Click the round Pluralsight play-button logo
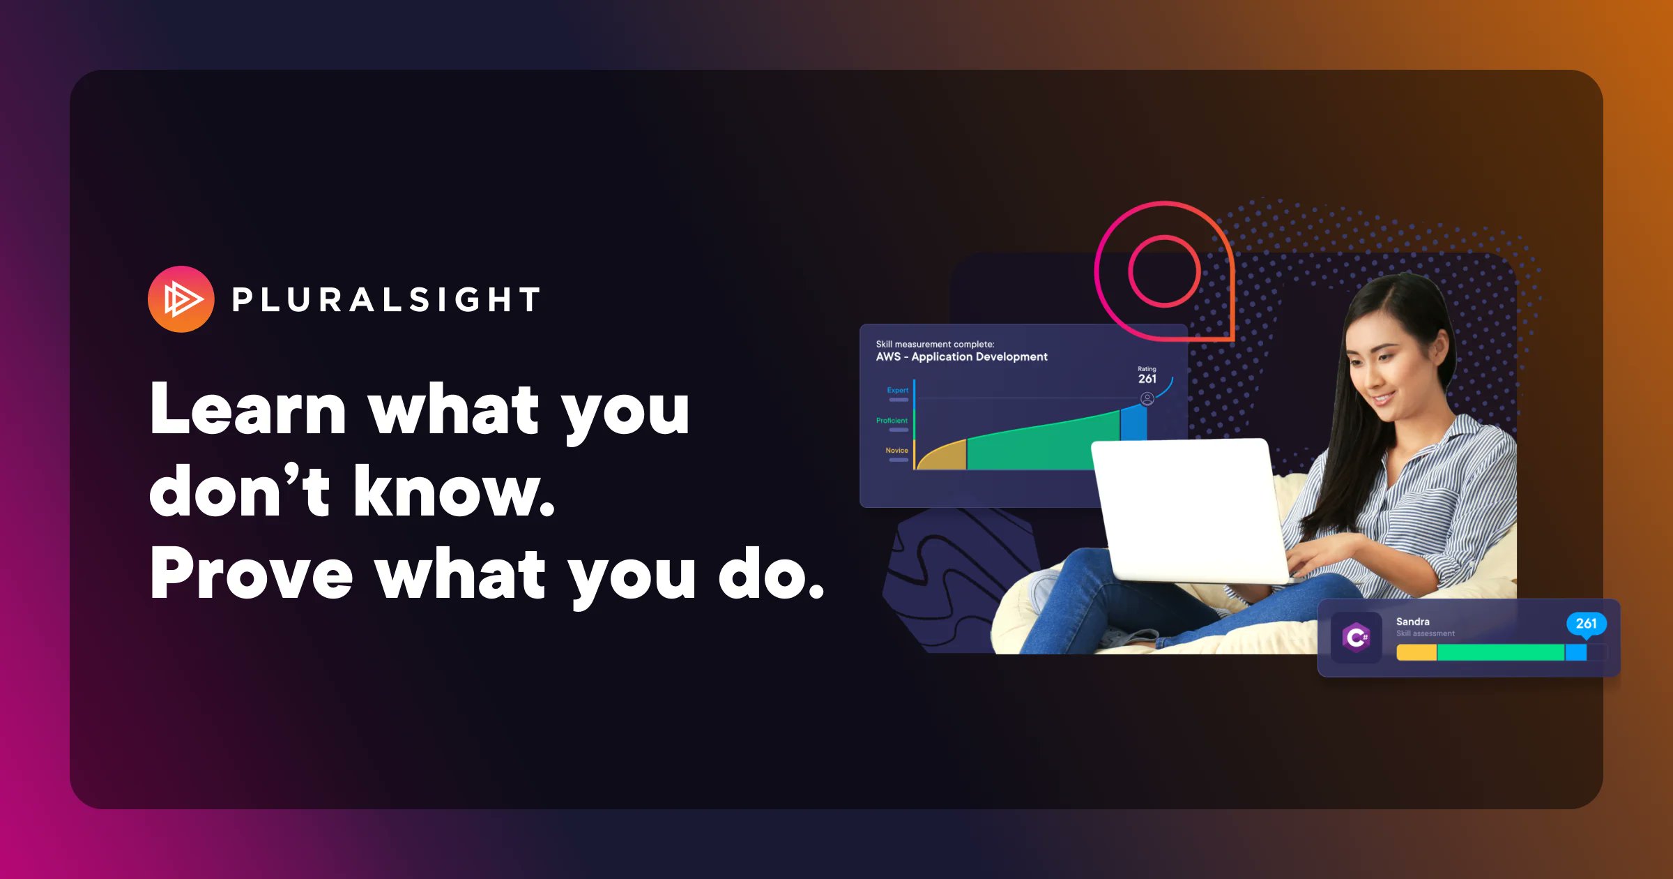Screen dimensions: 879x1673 [x=181, y=299]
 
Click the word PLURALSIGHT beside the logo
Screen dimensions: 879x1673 [x=385, y=300]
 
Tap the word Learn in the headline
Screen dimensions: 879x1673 [x=247, y=410]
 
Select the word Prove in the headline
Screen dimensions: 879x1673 [x=251, y=574]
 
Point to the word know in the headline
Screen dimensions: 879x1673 [x=453, y=493]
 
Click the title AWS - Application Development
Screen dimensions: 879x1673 [x=961, y=357]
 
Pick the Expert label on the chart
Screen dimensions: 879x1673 [x=897, y=391]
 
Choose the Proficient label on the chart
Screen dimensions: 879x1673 [x=892, y=421]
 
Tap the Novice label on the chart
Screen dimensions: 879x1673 [x=896, y=451]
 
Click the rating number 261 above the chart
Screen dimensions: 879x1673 [x=1147, y=379]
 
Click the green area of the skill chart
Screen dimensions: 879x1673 [x=1032, y=446]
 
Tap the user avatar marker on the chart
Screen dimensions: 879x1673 [x=1147, y=399]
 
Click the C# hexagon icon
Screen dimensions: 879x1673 [x=1356, y=637]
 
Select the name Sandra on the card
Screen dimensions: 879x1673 [x=1412, y=622]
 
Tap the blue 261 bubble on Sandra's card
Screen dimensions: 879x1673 [x=1586, y=624]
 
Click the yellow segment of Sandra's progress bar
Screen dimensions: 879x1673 [x=1416, y=653]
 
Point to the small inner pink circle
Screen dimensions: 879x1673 [x=1164, y=271]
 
